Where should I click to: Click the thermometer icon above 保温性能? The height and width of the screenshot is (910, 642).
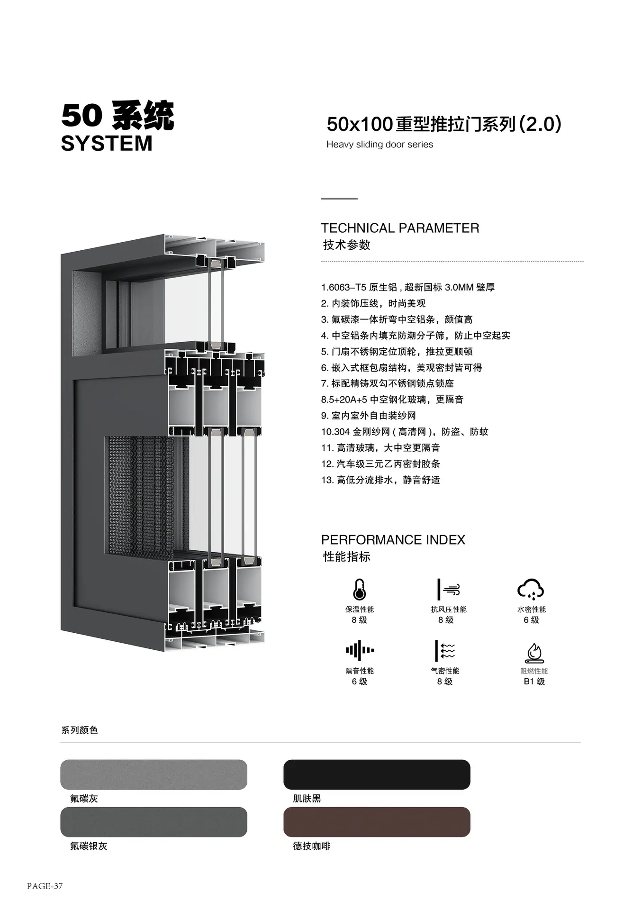coord(360,589)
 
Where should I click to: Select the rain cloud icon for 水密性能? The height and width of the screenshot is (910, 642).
coord(531,589)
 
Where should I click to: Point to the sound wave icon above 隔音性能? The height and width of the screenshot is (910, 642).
coord(360,650)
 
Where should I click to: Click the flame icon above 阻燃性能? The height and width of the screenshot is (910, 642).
coord(534,653)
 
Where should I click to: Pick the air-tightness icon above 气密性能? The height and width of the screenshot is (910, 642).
coord(445,650)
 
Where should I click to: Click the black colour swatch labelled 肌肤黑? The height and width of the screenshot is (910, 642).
coord(377,774)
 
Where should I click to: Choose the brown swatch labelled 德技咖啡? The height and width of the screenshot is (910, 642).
coord(377,822)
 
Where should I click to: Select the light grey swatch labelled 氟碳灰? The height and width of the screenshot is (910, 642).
coord(154,774)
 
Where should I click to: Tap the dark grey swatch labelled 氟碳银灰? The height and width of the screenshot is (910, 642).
coord(154,822)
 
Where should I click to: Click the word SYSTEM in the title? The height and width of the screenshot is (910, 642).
coord(107,143)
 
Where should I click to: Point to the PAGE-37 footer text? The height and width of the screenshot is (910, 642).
coord(45,886)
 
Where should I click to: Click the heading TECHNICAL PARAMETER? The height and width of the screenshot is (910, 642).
coord(400,228)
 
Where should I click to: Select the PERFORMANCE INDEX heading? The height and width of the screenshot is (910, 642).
coord(393,540)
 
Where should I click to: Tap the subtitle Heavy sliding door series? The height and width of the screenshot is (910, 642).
coord(380,144)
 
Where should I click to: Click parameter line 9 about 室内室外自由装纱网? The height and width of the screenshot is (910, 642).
coord(368,416)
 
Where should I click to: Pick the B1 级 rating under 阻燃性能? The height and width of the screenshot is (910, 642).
coord(534,682)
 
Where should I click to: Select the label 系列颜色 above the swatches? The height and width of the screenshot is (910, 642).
coord(79,730)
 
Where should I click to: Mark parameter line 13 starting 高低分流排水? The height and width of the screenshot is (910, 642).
coord(380,480)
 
